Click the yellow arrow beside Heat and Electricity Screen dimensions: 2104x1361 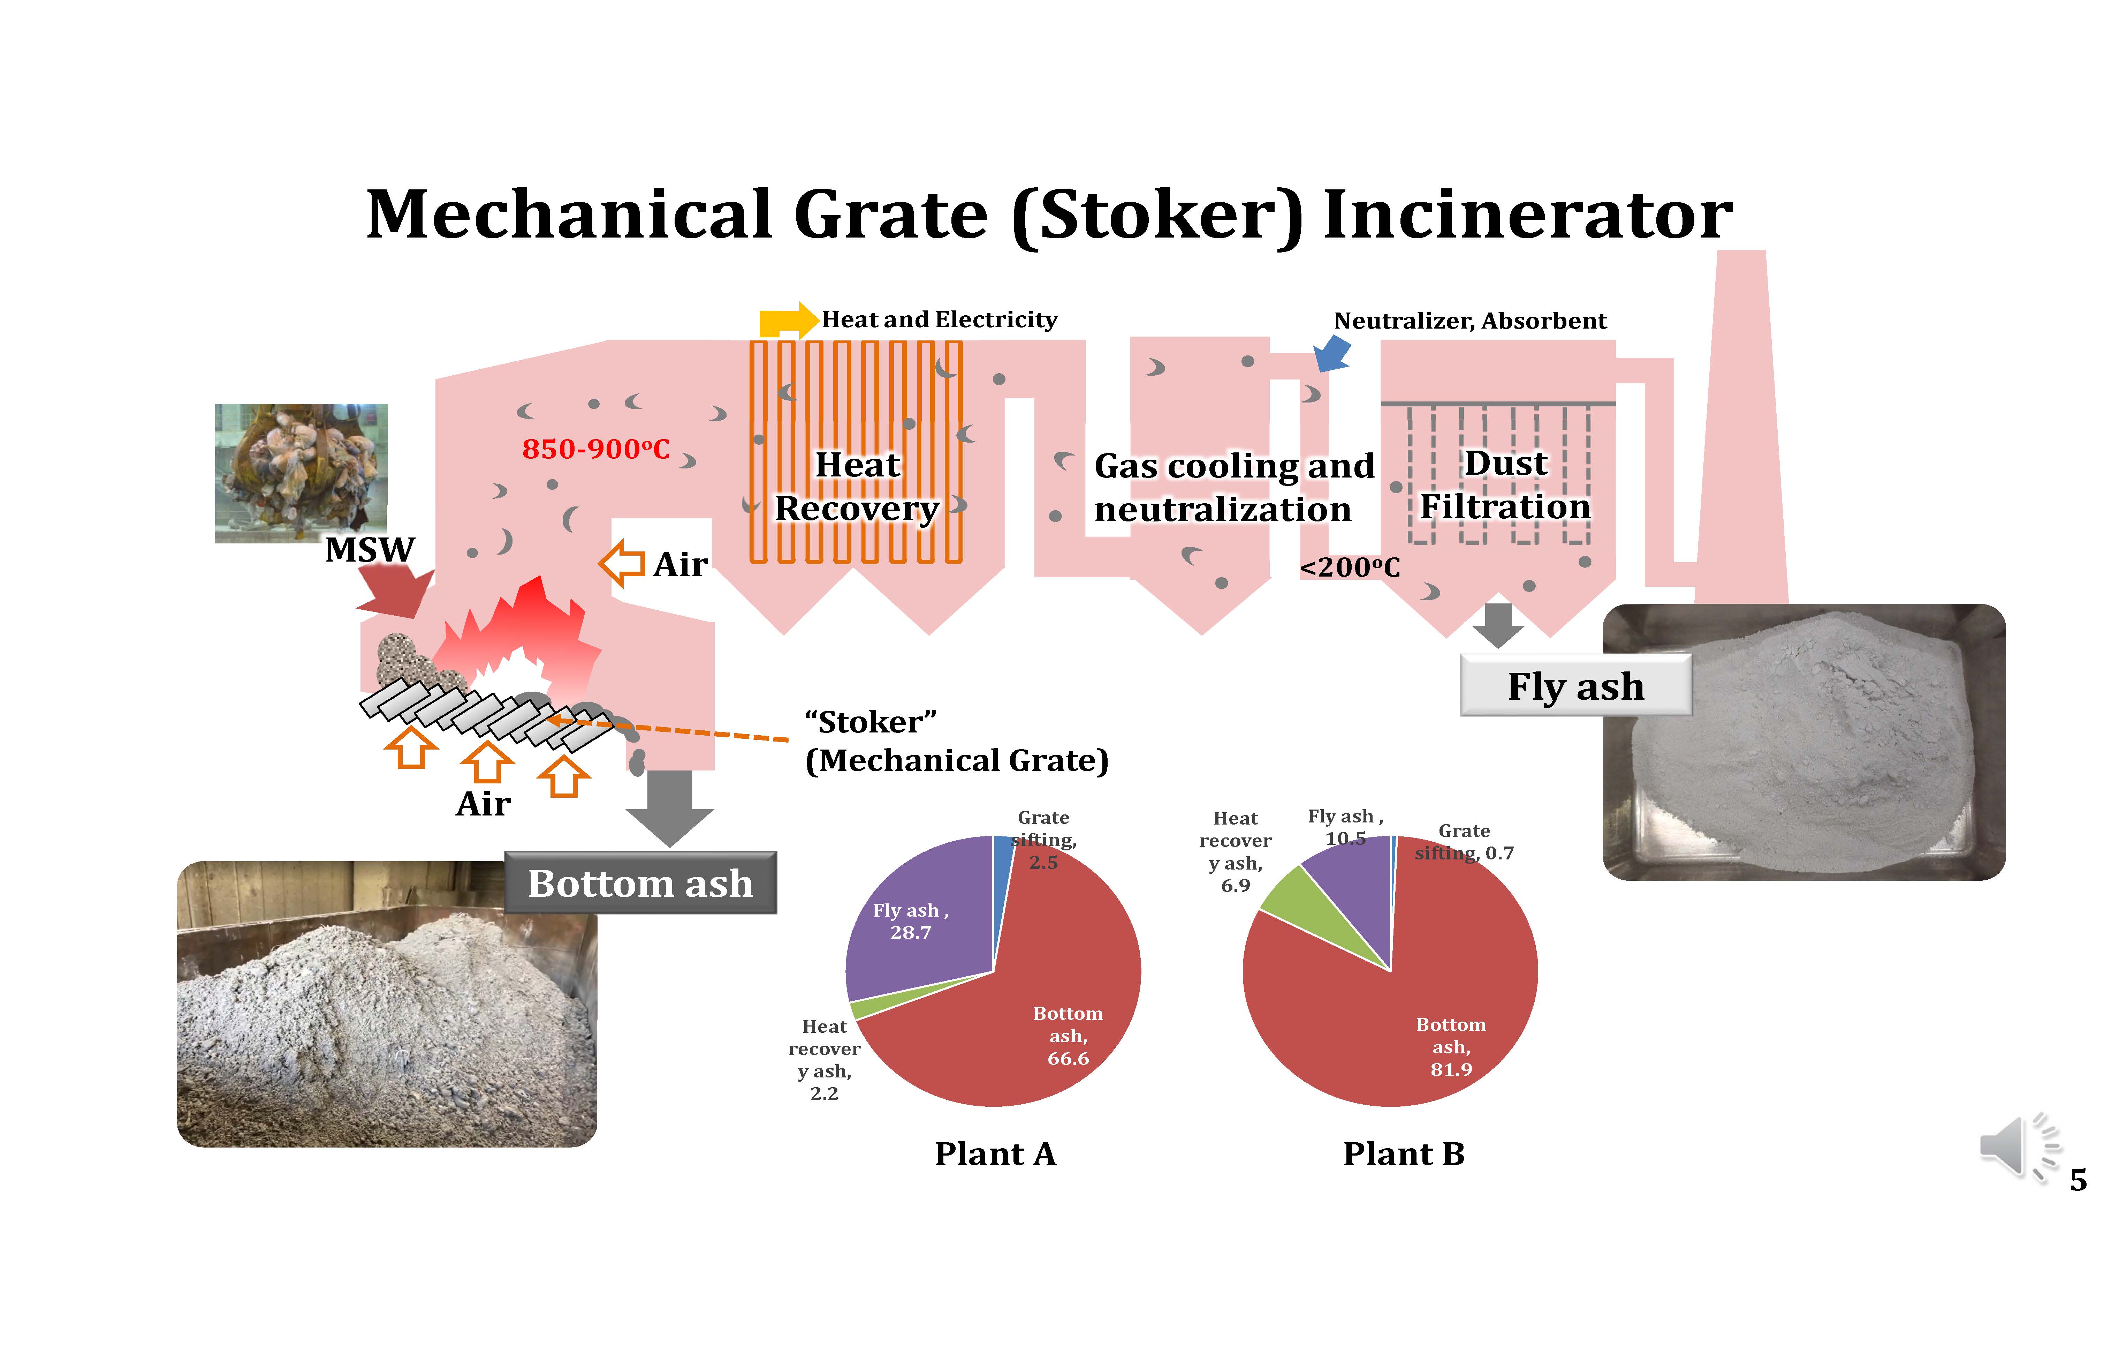[788, 320]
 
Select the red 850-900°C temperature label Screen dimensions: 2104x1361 [595, 449]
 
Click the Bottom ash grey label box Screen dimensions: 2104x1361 [640, 883]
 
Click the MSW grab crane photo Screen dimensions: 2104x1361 [301, 473]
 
